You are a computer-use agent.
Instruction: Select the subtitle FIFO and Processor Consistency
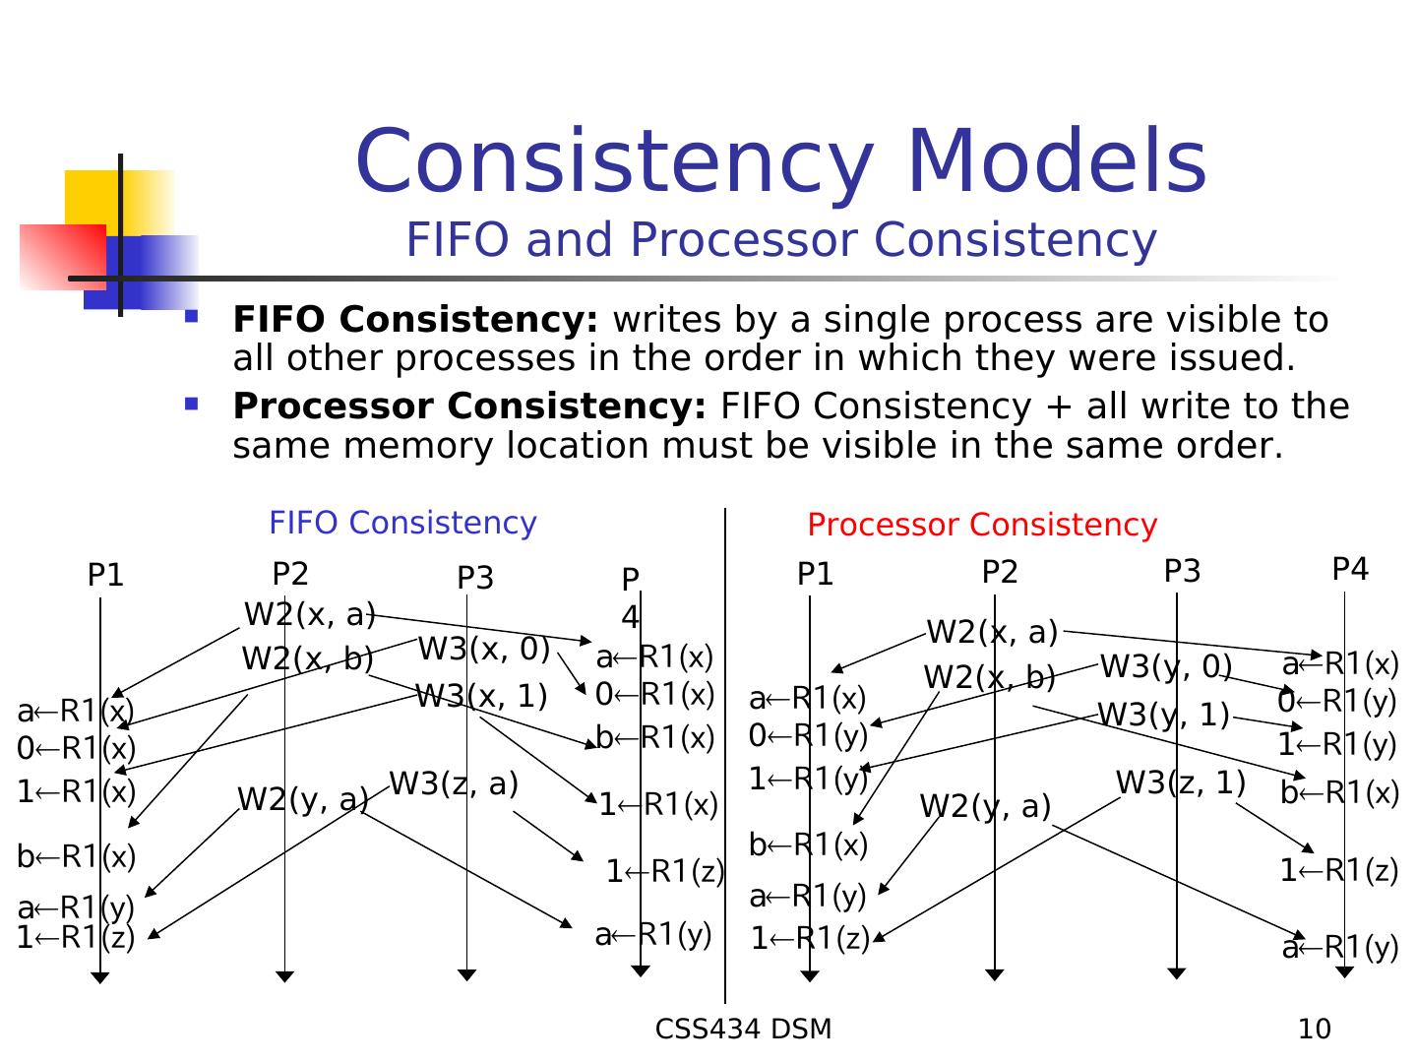point(780,240)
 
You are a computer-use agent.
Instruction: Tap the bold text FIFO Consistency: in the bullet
point(415,320)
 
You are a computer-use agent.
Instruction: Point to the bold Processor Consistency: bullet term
point(469,406)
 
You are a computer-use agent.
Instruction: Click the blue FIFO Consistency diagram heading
point(402,523)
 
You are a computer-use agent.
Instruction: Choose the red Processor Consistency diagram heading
point(981,525)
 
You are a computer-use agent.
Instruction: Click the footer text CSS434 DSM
point(743,1030)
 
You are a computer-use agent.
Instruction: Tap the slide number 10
point(1314,1030)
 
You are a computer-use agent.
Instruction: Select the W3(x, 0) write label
point(483,650)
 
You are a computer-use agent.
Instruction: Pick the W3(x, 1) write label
point(480,697)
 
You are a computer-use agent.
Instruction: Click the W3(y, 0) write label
point(1165,667)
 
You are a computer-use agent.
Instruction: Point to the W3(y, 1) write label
point(1163,715)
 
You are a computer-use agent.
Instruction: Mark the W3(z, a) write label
point(454,783)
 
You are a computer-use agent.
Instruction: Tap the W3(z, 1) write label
point(1180,782)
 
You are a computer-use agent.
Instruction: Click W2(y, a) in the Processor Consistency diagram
point(985,807)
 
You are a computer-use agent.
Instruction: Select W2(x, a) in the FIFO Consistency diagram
point(309,614)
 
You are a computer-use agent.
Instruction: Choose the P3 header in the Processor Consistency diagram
point(1182,572)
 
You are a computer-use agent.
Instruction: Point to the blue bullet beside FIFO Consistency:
point(191,317)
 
